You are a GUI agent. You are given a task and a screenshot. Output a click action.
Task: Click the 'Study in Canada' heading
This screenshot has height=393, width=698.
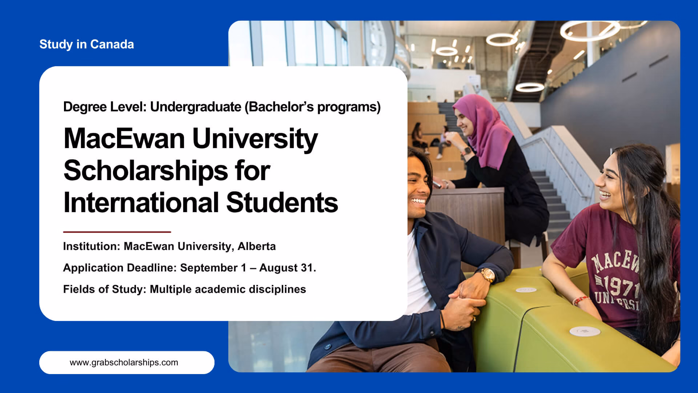coord(87,44)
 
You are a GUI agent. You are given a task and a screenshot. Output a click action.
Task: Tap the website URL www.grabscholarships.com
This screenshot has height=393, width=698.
coord(124,362)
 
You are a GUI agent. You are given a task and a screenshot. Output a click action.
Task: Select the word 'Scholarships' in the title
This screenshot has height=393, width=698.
coord(146,171)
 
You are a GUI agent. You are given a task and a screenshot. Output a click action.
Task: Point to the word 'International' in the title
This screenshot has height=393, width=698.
coord(141,202)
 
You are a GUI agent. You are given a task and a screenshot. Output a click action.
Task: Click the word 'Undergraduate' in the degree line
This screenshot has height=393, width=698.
coord(196,107)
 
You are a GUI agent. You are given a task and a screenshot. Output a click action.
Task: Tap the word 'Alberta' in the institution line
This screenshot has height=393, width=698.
coord(257,246)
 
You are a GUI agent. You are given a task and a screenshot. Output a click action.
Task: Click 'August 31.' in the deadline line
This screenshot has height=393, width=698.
coord(288,268)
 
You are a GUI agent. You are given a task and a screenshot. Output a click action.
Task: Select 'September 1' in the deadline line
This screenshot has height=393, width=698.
coord(213,268)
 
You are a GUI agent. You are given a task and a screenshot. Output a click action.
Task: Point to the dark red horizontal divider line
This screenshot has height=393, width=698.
coord(117,232)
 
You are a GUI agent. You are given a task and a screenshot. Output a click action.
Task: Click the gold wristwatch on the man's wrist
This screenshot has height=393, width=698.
coord(488,275)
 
